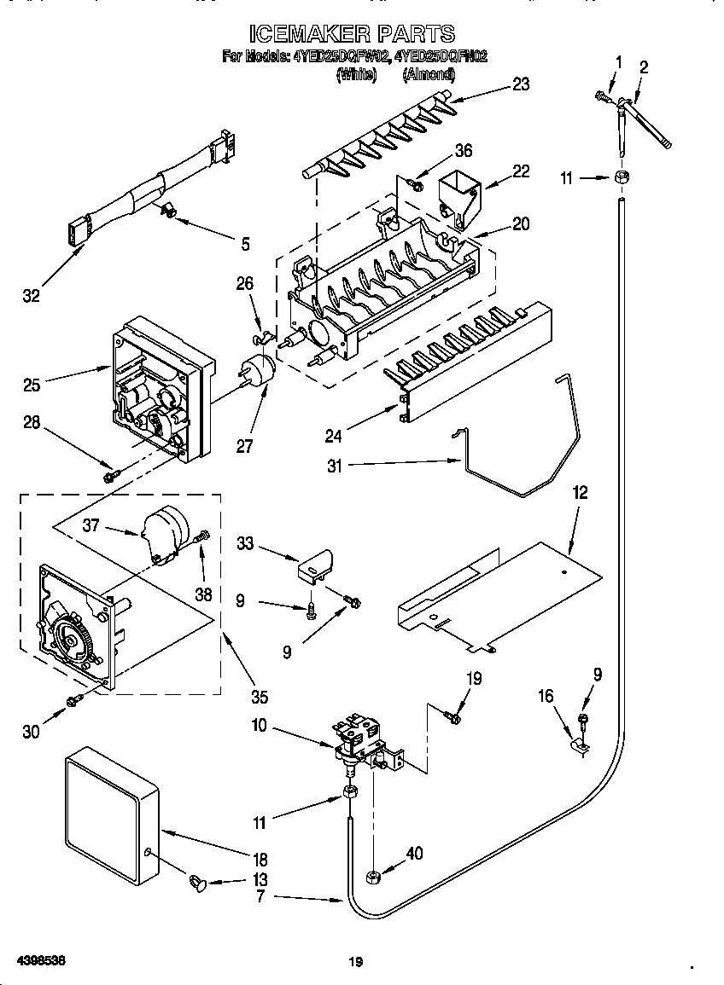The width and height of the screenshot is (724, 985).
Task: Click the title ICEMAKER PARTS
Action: [352, 33]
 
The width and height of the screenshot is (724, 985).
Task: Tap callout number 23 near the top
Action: [520, 84]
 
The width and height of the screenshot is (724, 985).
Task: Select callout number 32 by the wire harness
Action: [31, 296]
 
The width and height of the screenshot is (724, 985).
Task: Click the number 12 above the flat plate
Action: [580, 493]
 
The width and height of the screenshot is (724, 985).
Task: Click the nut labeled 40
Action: [372, 876]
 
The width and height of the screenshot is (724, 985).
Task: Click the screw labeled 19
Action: [453, 718]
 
